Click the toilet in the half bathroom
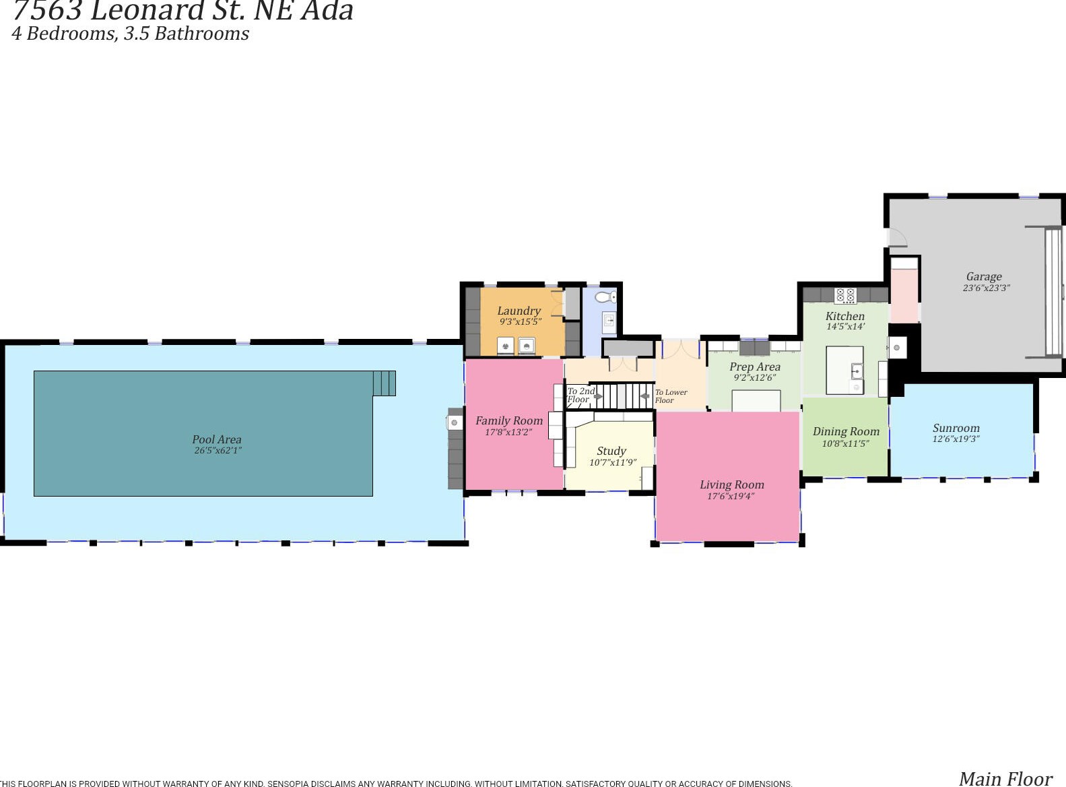pos(605,297)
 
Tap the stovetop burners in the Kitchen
pos(844,296)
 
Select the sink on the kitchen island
pos(857,371)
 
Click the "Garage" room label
pos(984,276)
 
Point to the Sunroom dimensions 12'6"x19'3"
pos(956,439)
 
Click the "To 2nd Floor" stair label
pos(580,395)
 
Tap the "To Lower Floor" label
pos(671,396)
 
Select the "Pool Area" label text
pos(216,439)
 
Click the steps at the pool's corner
pos(385,383)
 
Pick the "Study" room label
pos(611,451)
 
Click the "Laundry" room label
pos(519,311)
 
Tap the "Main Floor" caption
pos(1005,779)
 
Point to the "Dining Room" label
pos(846,431)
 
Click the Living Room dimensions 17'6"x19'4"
pos(731,497)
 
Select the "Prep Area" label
pos(755,367)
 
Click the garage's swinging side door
pos(898,238)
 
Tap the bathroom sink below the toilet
pos(609,323)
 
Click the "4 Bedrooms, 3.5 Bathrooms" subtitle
pos(131,34)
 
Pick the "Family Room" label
pos(508,420)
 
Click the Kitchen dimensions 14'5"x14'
pos(845,327)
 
